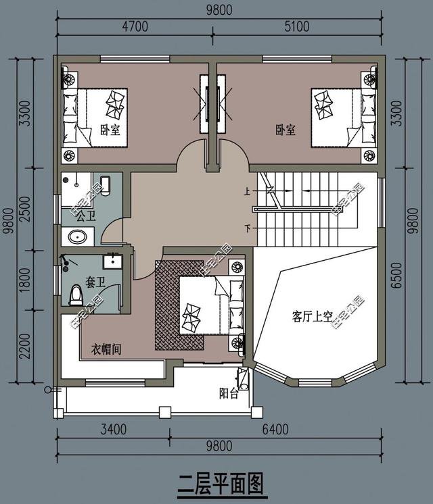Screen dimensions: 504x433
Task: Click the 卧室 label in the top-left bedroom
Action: click(110, 130)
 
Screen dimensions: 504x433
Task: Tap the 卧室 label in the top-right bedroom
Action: click(285, 130)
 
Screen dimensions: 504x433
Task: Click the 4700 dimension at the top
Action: click(133, 26)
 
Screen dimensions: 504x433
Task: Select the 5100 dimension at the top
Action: click(295, 26)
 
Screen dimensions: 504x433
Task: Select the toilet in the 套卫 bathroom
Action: click(76, 295)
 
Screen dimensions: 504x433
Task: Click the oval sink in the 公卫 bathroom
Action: click(76, 237)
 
